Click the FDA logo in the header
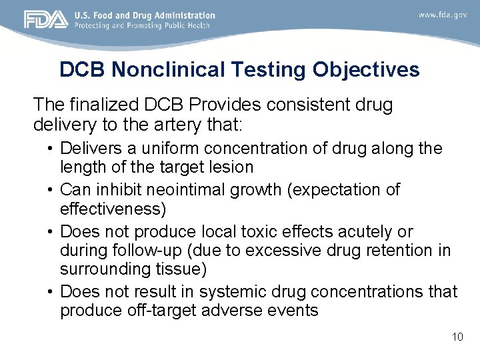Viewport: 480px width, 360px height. point(46,19)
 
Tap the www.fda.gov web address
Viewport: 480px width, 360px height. point(443,14)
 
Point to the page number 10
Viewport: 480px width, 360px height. point(457,337)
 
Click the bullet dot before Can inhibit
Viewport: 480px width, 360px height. point(51,190)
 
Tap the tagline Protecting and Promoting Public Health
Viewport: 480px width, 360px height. point(142,25)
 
